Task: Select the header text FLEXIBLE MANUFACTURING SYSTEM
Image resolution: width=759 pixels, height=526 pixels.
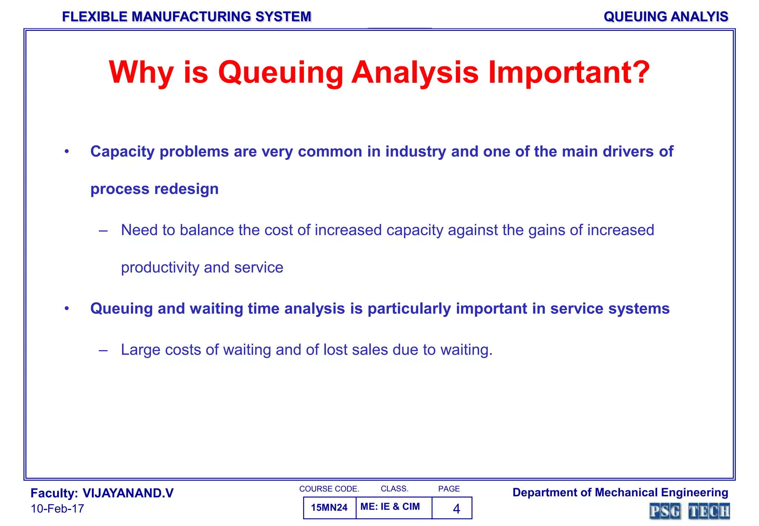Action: (x=186, y=17)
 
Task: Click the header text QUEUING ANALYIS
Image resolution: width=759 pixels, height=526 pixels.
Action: (x=666, y=17)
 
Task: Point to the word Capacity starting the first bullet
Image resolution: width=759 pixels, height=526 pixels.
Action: (x=122, y=152)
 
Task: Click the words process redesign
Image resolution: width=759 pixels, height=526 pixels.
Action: (x=154, y=189)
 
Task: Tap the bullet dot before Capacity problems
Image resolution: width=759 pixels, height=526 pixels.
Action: (x=67, y=151)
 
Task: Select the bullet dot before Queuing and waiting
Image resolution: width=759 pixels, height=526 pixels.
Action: (x=67, y=309)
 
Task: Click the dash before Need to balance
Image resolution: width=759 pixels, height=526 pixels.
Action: (x=103, y=231)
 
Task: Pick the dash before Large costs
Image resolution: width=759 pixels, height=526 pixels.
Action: (x=103, y=350)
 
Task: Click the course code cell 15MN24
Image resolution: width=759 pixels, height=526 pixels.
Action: (x=329, y=507)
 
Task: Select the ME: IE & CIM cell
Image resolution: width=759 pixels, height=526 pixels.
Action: (x=390, y=507)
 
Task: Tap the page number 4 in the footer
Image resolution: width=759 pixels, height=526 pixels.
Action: (x=456, y=509)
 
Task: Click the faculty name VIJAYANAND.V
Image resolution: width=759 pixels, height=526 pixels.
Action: (x=128, y=493)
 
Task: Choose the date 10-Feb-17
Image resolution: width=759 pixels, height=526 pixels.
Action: (x=57, y=509)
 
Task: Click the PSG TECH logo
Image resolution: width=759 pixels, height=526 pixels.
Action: (x=689, y=511)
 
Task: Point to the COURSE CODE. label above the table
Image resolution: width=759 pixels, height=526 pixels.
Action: (x=329, y=489)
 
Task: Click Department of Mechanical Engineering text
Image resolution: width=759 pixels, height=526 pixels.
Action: (x=620, y=493)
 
